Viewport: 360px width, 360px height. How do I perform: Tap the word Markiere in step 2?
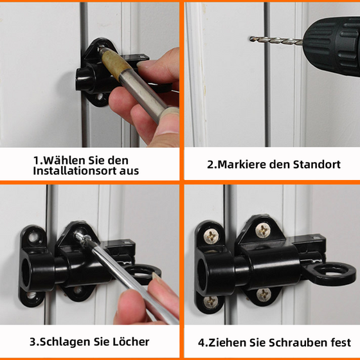click(245, 164)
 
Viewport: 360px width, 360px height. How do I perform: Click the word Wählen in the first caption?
click(63, 159)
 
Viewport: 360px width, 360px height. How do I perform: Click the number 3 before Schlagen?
click(33, 341)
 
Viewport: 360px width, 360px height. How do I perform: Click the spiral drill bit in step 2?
click(274, 40)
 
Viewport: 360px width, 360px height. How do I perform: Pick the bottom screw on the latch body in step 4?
click(264, 295)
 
